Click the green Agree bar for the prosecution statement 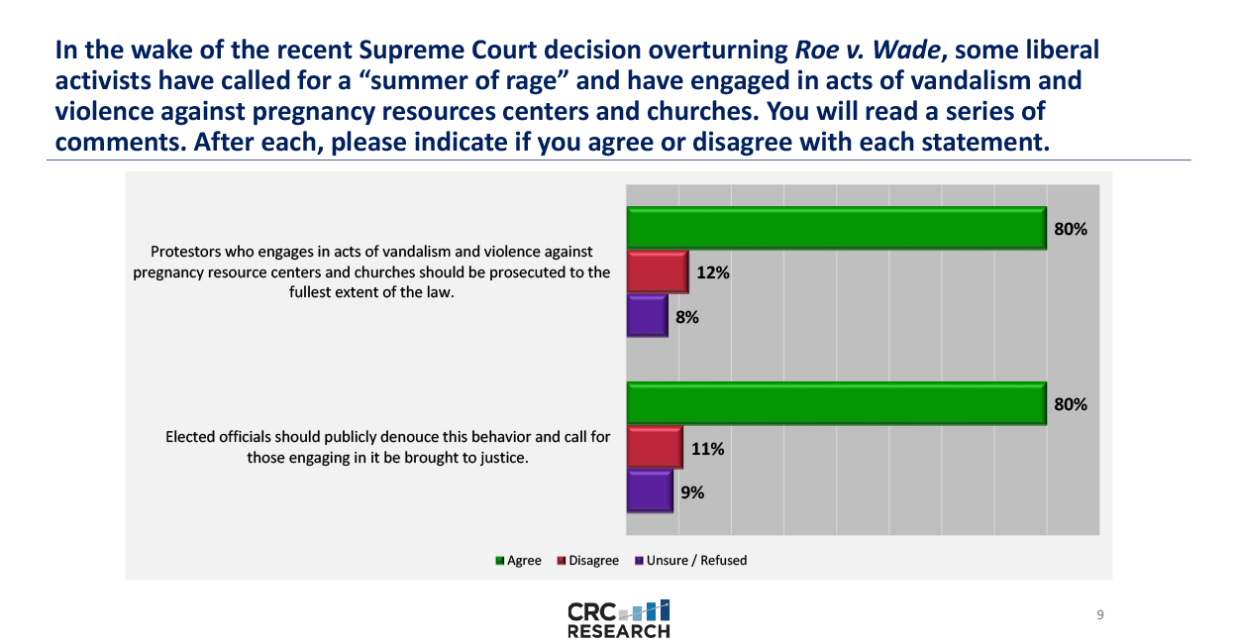(837, 228)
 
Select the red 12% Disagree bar (658, 272)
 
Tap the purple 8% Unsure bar (648, 316)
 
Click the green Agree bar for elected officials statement (837, 403)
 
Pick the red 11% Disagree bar (655, 448)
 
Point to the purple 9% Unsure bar (650, 491)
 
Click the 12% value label (713, 272)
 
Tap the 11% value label (707, 449)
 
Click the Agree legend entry (519, 561)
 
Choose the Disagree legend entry (588, 561)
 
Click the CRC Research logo (619, 618)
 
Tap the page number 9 (1100, 615)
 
